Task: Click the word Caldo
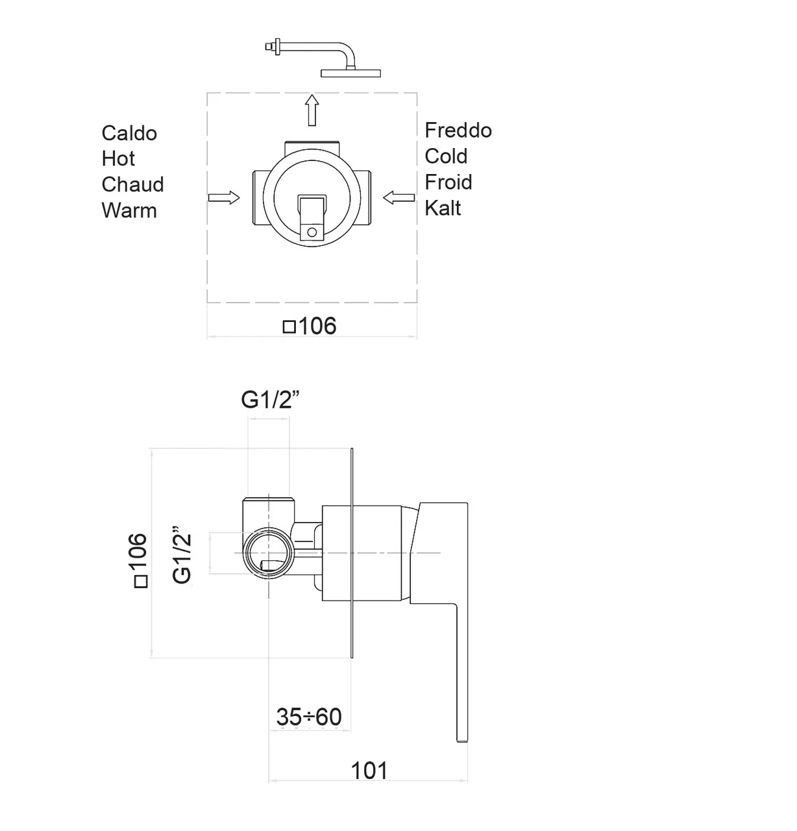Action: pyautogui.click(x=129, y=133)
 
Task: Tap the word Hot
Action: pyautogui.click(x=118, y=159)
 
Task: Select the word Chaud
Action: pyautogui.click(x=132, y=184)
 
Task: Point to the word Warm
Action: pyautogui.click(x=129, y=210)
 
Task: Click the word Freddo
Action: pyautogui.click(x=458, y=130)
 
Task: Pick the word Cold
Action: pyautogui.click(x=446, y=156)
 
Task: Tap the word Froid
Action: pyautogui.click(x=448, y=182)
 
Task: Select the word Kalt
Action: pyautogui.click(x=443, y=208)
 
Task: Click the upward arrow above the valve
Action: pyautogui.click(x=312, y=110)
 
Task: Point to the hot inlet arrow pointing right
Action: pyautogui.click(x=224, y=198)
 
